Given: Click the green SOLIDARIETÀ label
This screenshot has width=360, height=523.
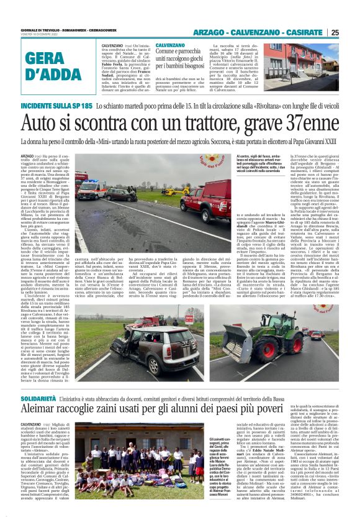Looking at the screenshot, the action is tap(40, 396).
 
